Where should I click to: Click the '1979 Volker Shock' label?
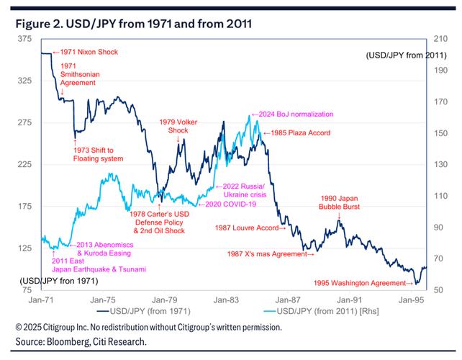178,127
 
